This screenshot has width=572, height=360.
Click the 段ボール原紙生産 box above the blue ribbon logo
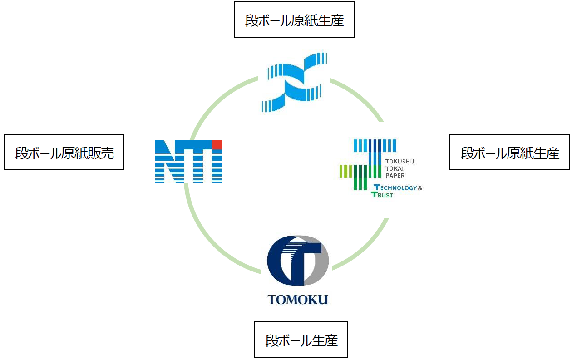click(x=294, y=20)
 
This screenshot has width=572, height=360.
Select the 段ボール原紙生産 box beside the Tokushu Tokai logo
click(x=509, y=152)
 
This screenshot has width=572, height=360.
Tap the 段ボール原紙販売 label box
click(x=64, y=152)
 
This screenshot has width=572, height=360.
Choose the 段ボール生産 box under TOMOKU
click(x=301, y=340)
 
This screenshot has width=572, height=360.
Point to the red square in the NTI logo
click(x=217, y=144)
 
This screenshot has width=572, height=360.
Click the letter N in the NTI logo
click(x=168, y=162)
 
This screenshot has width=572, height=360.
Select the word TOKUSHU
click(x=399, y=161)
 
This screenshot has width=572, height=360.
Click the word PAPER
click(x=395, y=175)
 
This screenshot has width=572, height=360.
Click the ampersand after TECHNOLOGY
click(x=419, y=188)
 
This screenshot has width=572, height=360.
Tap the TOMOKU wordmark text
click(x=298, y=300)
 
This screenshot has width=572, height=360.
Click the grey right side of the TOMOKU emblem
click(x=322, y=263)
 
